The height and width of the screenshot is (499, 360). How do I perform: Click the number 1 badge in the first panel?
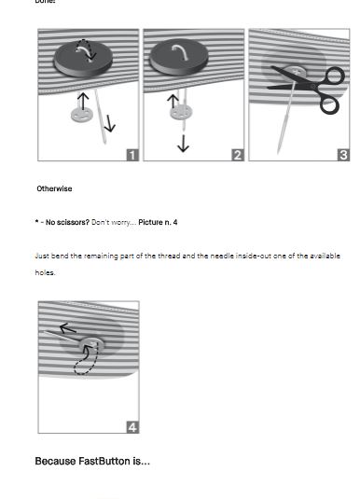[x=132, y=155]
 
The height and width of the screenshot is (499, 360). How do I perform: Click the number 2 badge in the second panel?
[x=238, y=155]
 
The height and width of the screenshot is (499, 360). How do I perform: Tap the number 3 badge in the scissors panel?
[x=343, y=155]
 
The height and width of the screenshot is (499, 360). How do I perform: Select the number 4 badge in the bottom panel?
[x=132, y=427]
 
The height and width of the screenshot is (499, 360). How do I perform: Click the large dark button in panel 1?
[x=83, y=59]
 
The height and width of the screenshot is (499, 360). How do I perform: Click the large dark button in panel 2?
[x=179, y=57]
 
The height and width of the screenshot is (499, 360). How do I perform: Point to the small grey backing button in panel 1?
[x=82, y=115]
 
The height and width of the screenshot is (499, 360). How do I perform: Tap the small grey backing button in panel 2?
[x=181, y=112]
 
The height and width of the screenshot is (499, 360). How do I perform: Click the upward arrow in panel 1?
[x=83, y=102]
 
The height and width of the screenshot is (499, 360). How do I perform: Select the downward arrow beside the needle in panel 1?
[x=109, y=123]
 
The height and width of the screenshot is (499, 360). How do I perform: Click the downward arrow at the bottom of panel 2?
[x=184, y=144]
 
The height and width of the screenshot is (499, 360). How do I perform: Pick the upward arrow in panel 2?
[x=173, y=101]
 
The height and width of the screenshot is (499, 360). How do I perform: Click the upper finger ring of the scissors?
[x=333, y=76]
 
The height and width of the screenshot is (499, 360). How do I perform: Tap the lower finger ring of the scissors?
[x=330, y=105]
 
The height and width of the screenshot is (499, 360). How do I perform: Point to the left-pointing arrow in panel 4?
[x=68, y=328]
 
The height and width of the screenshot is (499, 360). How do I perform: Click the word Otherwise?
[x=54, y=188]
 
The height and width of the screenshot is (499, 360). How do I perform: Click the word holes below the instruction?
[x=45, y=272]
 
